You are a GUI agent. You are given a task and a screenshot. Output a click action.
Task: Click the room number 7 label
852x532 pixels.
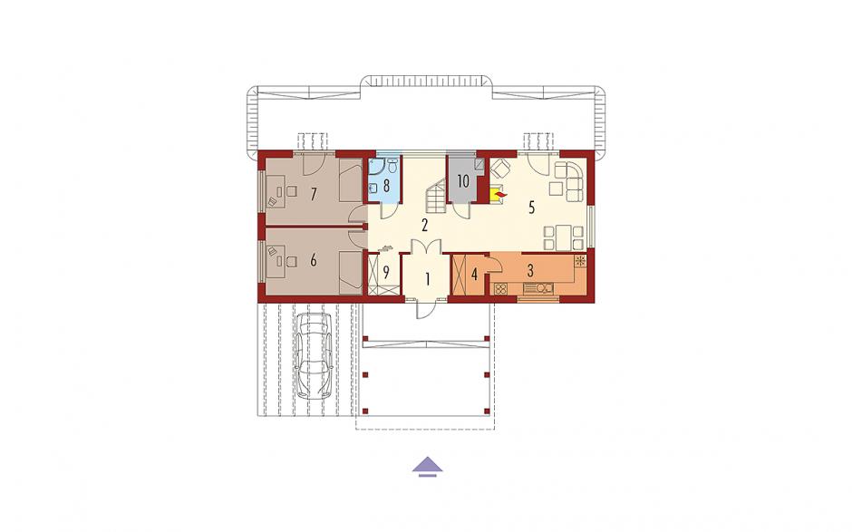[313, 194]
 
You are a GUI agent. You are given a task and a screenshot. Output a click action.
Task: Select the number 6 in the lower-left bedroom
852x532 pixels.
[313, 261]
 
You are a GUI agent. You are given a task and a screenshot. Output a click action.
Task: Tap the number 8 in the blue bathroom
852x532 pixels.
[386, 186]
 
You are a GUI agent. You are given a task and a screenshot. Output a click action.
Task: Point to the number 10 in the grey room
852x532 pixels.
[463, 181]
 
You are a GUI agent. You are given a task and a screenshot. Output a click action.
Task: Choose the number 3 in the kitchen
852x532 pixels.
[530, 269]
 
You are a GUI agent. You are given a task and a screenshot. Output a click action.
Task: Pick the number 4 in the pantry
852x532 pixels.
[474, 275]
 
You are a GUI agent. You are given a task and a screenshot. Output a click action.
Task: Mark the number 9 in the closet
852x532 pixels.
[386, 272]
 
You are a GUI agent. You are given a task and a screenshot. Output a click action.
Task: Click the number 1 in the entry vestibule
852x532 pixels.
[428, 280]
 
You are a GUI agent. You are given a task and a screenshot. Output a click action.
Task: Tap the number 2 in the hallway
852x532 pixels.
[425, 225]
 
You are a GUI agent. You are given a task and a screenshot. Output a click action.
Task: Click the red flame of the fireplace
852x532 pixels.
[499, 193]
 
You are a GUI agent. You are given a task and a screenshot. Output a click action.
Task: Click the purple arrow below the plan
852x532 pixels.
[428, 467]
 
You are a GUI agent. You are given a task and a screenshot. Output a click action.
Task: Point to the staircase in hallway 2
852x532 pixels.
[436, 198]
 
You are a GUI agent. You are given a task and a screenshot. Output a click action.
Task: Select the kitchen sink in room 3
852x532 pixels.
[537, 289]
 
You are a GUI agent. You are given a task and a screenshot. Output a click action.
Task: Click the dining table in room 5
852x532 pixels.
[564, 237]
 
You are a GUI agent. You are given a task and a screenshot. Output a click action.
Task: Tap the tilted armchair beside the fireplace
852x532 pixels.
[499, 169]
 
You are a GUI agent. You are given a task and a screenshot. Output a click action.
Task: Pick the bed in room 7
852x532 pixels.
[350, 179]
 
